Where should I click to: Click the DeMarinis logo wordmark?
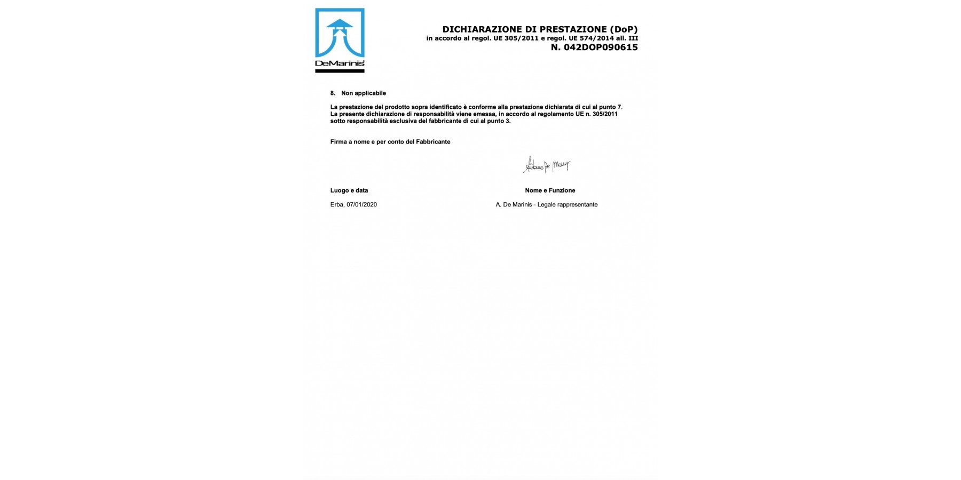[x=340, y=64]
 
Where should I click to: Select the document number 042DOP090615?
[x=601, y=47]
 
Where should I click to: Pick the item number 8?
[x=333, y=93]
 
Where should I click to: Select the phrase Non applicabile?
[x=364, y=93]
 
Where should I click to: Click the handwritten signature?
[x=546, y=165]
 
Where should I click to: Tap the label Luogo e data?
[x=349, y=190]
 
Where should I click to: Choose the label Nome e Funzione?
[x=550, y=190]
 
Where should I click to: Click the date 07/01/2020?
[x=361, y=205]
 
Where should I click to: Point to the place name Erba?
[x=336, y=205]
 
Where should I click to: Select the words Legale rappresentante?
[x=568, y=205]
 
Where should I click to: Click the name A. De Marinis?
[x=514, y=205]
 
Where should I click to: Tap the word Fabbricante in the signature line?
[x=433, y=142]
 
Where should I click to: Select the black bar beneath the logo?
[x=340, y=71]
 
